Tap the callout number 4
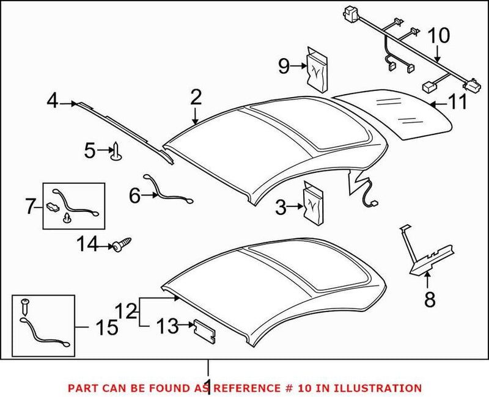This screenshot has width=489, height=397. point(53,101)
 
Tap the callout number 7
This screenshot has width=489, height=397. point(31,207)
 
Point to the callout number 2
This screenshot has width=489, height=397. point(196,97)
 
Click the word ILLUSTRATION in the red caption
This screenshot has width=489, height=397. point(383,388)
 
